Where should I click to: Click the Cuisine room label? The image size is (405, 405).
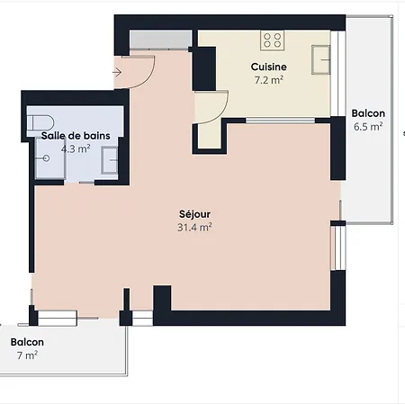point(269,67)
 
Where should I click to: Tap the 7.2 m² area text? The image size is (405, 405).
point(269,80)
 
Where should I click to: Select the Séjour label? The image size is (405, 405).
point(194,214)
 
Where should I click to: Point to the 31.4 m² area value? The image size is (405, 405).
point(194,228)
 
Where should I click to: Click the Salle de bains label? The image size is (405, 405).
point(76,135)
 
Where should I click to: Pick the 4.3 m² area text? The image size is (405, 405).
point(76,148)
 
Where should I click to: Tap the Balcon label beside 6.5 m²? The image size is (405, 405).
point(368,113)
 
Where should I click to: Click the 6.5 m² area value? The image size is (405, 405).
point(368,127)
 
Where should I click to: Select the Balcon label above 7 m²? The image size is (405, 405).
point(27,342)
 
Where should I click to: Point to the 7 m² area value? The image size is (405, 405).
point(27,356)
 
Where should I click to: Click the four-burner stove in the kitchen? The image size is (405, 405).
point(272,40)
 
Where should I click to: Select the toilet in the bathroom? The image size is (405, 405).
point(39,122)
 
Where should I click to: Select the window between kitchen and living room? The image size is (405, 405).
point(280,120)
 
